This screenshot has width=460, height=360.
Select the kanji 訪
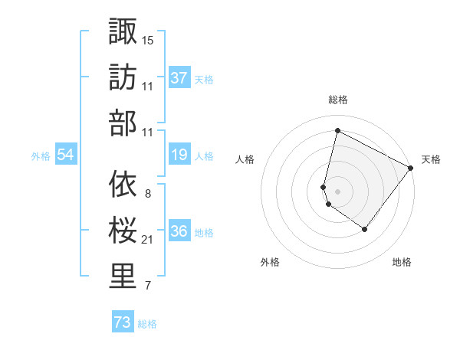[123, 77]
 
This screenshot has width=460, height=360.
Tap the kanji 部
[123, 123]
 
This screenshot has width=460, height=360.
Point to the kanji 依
[123, 183]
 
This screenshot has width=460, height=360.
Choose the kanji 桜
[123, 229]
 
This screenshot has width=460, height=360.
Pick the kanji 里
[123, 276]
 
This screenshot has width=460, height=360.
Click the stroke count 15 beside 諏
[148, 40]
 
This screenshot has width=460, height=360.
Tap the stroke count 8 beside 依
[147, 193]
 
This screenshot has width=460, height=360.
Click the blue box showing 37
[179, 78]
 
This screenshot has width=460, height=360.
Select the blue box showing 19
[179, 155]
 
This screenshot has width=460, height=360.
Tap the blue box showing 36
[179, 232]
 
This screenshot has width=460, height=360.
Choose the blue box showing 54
[66, 155]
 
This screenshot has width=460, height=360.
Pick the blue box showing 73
[123, 323]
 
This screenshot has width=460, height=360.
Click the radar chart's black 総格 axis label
[337, 100]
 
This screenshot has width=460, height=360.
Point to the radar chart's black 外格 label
[270, 263]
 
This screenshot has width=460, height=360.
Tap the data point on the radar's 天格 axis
[412, 169]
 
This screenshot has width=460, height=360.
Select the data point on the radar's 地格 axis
[365, 229]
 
